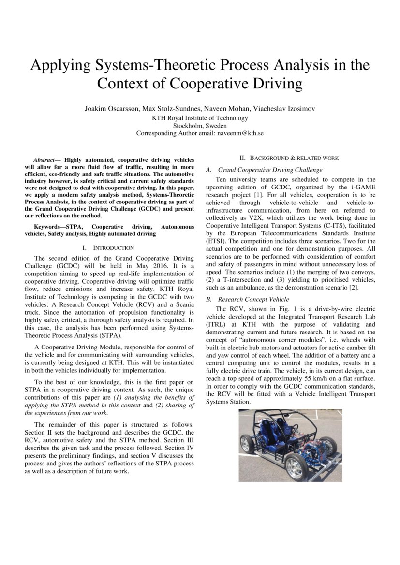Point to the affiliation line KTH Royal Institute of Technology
point(200,118)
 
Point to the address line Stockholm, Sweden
point(200,126)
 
